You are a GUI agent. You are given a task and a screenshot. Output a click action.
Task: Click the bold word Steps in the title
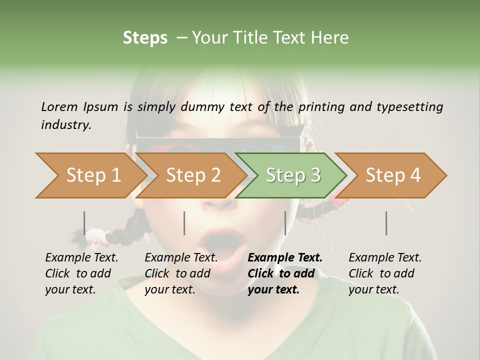[x=145, y=38]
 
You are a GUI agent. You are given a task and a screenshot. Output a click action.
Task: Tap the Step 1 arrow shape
[x=90, y=175]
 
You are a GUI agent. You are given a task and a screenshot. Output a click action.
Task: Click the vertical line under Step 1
[x=84, y=223]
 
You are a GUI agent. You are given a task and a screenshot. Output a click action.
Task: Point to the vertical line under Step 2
[x=184, y=223]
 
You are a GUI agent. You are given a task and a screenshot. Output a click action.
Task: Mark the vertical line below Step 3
[x=285, y=223]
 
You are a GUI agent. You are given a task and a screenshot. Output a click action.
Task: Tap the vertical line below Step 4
[x=386, y=223]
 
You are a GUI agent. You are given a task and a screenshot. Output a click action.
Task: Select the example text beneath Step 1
[x=81, y=273]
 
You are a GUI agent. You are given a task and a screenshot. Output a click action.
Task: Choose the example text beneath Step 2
[x=181, y=273]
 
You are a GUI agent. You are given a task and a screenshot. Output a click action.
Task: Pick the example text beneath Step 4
[x=385, y=273]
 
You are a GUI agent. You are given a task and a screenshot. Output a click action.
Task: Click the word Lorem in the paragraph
[x=59, y=106]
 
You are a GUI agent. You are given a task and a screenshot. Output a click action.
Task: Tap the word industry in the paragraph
[x=65, y=125]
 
